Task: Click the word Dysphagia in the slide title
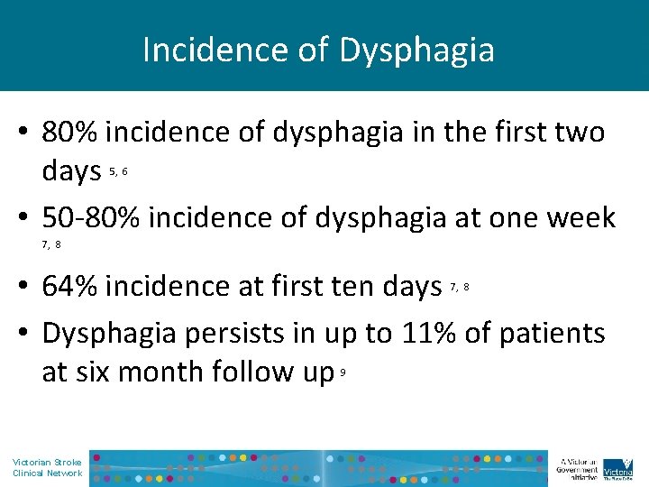click(x=416, y=50)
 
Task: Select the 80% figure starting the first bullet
click(x=72, y=133)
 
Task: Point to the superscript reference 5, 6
click(x=118, y=170)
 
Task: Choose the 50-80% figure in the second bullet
click(x=94, y=217)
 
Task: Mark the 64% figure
click(x=72, y=287)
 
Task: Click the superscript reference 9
click(x=343, y=368)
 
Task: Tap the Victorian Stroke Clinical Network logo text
click(x=47, y=467)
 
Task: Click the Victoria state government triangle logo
click(x=617, y=467)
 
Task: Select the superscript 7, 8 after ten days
click(x=459, y=287)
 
